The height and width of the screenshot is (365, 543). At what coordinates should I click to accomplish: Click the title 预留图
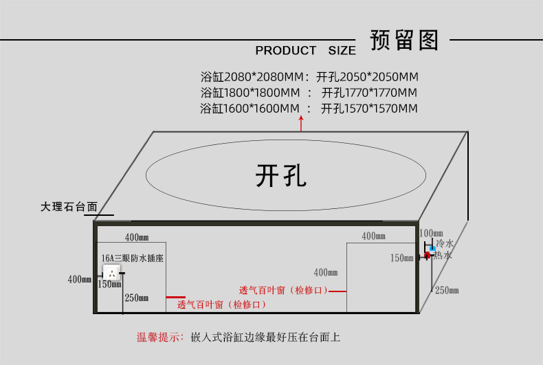pos(404,40)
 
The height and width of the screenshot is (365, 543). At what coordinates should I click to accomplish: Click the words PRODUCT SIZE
pos(305,51)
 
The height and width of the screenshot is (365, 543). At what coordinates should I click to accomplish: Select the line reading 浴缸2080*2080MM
pos(252,76)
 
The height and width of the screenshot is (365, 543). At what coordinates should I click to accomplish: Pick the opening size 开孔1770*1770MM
pos(369,93)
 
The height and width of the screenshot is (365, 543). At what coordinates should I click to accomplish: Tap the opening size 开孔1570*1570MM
pos(369,109)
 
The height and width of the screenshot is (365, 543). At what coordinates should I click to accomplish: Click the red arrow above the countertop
pos(301,123)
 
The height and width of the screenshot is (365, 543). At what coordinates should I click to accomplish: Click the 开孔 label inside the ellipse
pos(281,175)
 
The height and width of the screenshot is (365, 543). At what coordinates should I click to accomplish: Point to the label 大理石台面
pos(69,207)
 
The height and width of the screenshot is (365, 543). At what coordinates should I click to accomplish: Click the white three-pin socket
pos(112,273)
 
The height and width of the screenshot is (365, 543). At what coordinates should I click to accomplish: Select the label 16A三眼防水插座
pos(132,258)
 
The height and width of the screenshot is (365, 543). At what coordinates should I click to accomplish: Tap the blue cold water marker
pos(432,248)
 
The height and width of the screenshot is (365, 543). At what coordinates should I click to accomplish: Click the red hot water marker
pos(427,255)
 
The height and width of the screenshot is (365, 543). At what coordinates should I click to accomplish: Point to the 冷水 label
pos(445,243)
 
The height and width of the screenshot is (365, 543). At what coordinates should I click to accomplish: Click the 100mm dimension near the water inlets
pos(431,233)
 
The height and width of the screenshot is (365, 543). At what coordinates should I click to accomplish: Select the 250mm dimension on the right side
pos(447,290)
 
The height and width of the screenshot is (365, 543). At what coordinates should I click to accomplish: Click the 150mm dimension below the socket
pos(109,285)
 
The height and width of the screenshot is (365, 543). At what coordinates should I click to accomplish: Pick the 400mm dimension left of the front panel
pos(80,279)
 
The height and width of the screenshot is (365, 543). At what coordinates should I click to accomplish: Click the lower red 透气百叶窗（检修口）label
pos(221,305)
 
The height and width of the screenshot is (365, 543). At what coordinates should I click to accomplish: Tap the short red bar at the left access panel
pos(175,297)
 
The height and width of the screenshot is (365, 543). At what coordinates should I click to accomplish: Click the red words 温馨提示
pos(158,337)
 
